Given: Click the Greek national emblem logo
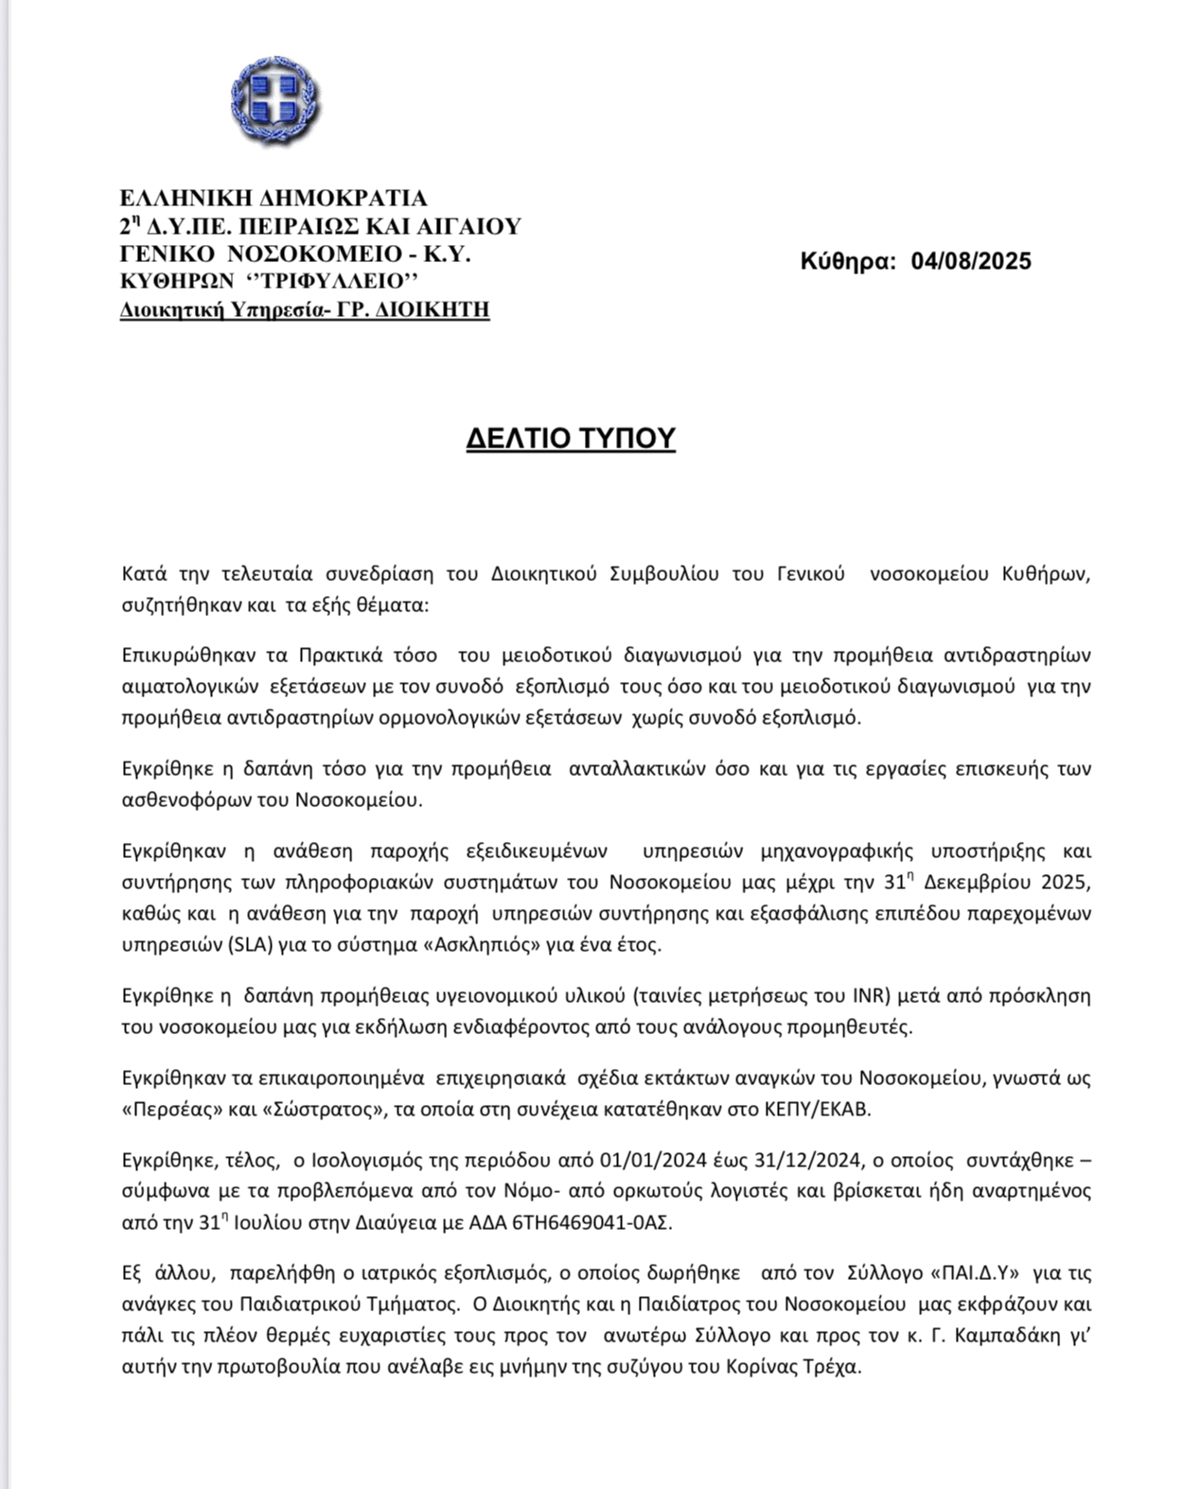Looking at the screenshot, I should [x=274, y=100].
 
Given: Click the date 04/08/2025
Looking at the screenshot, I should [x=971, y=261].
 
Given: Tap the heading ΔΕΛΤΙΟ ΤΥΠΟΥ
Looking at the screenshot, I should [x=571, y=439].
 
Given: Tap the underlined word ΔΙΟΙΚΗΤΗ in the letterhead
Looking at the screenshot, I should [x=435, y=310].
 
